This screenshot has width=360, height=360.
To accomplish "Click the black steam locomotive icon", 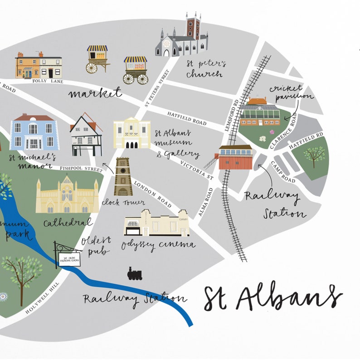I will (135, 273).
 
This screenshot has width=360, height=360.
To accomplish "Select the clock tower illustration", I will (123, 177).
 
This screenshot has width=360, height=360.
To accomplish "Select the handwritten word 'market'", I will (95, 93).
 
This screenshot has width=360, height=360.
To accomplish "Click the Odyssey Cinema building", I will (157, 224).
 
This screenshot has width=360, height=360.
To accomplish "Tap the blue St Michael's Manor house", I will (34, 132).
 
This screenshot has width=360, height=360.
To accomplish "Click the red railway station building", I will (236, 157).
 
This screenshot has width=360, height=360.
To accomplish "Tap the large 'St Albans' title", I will (272, 297).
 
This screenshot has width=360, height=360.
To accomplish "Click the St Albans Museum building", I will (132, 133).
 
